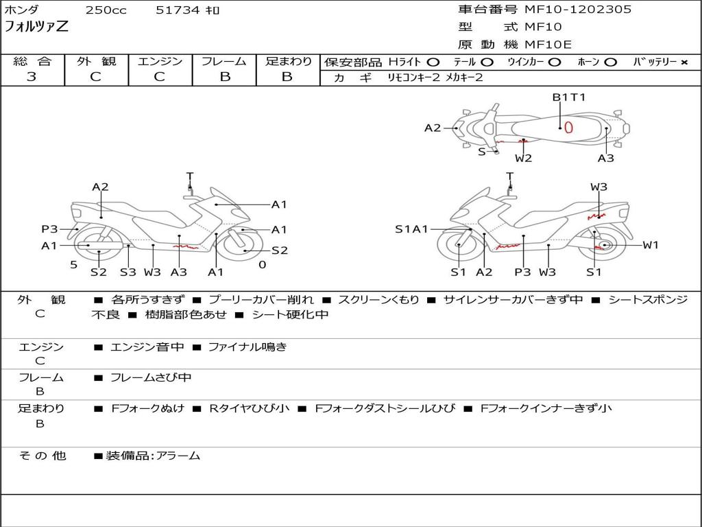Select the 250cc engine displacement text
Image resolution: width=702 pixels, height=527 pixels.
tap(106, 10)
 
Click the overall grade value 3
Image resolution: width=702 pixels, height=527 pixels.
tap(32, 77)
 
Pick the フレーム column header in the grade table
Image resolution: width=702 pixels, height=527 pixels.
tap(224, 61)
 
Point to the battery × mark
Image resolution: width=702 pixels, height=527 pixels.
tap(683, 62)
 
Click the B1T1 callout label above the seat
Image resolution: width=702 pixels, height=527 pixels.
tap(569, 97)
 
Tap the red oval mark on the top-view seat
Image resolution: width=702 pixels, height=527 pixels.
tap(568, 126)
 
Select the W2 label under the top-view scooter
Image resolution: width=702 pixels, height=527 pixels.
tap(524, 159)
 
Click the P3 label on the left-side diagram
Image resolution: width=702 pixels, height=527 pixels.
tap(50, 229)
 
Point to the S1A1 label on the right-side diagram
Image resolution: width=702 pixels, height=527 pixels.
tap(411, 229)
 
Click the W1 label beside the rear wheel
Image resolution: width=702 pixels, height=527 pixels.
tap(651, 245)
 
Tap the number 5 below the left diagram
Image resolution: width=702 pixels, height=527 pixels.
tap(73, 265)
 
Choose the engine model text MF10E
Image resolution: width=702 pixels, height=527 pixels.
tap(548, 45)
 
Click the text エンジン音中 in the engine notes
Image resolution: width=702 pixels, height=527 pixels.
tap(147, 347)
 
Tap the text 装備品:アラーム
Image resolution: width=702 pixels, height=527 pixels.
tap(152, 456)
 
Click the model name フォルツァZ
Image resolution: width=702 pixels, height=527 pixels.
tap(36, 27)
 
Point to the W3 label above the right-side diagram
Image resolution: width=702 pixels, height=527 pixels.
tap(598, 187)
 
